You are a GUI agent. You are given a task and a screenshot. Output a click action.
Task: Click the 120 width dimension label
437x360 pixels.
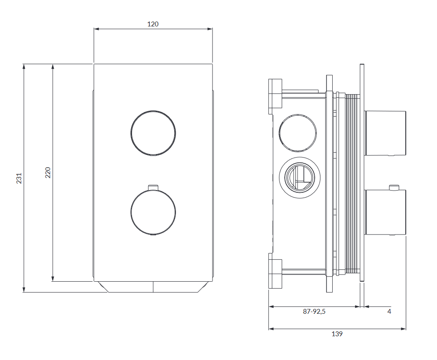(153, 24)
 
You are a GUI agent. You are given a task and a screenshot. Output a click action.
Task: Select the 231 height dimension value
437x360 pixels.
(19, 178)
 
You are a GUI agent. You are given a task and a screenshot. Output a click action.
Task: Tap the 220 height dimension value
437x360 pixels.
(48, 173)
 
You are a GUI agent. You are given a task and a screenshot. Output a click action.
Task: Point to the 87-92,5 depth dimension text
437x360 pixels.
(314, 312)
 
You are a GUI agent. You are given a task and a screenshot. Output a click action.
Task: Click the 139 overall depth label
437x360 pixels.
(337, 334)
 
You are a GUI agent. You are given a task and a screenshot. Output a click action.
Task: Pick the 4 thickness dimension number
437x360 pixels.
(389, 312)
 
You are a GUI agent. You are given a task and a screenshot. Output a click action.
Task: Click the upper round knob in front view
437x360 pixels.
(153, 133)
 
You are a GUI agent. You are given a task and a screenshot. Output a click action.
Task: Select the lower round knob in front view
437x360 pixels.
(153, 212)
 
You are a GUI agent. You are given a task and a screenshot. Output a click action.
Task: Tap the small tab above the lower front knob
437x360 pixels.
(153, 187)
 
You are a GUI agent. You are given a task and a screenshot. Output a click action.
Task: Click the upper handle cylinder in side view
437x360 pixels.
(385, 133)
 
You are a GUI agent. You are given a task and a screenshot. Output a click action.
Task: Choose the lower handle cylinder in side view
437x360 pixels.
(385, 212)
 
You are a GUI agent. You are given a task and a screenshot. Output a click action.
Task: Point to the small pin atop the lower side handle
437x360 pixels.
(394, 187)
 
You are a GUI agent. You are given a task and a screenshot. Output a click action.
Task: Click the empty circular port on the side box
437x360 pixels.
(297, 133)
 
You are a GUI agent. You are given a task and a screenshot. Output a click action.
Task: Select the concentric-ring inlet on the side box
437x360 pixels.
(300, 178)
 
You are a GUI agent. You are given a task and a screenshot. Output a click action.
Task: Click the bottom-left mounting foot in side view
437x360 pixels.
(275, 271)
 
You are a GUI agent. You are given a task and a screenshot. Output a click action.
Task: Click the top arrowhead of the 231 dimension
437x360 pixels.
(24, 66)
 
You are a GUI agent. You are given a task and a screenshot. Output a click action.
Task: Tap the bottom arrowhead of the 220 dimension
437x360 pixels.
(53, 279)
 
